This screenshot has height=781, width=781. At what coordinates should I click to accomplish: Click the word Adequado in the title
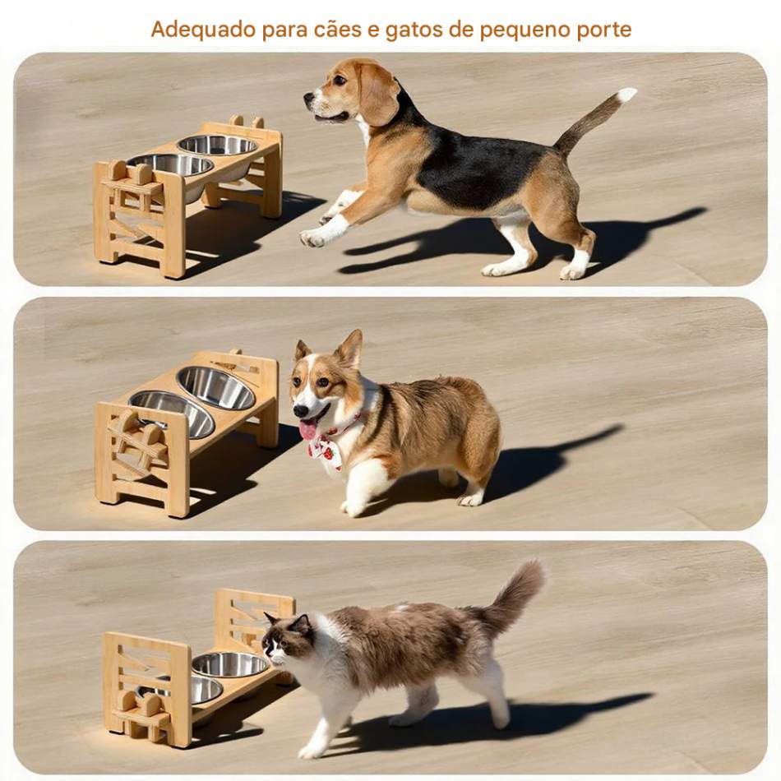click(203, 30)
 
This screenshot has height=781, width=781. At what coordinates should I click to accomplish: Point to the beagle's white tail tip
click(626, 95)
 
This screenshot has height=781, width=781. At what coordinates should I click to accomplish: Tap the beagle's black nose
click(308, 97)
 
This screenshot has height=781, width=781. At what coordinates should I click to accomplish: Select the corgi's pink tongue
click(307, 429)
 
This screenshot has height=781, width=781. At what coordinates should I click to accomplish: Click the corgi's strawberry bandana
click(326, 446)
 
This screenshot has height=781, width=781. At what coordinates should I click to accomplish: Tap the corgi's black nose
click(300, 411)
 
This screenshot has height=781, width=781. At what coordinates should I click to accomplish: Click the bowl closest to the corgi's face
click(215, 387)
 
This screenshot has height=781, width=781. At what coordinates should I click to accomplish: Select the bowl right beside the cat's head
click(230, 664)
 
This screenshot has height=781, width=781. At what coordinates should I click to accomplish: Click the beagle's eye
click(340, 80)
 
